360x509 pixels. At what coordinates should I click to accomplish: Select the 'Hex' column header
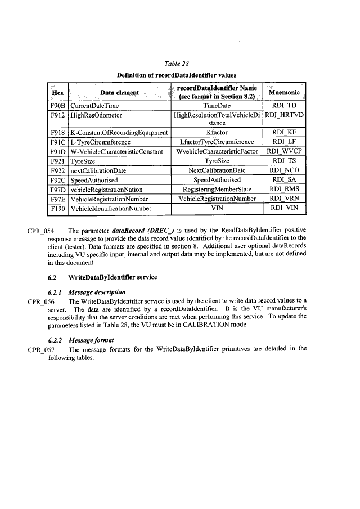pyautogui.click(x=57, y=92)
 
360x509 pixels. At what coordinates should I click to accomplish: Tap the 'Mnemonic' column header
pyautogui.click(x=285, y=92)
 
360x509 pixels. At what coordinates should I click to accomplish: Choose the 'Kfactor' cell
pyautogui.click(x=217, y=133)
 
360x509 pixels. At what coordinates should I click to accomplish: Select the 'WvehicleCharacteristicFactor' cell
pyautogui.click(x=217, y=152)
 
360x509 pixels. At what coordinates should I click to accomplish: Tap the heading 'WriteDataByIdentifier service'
pyautogui.click(x=111, y=277)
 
